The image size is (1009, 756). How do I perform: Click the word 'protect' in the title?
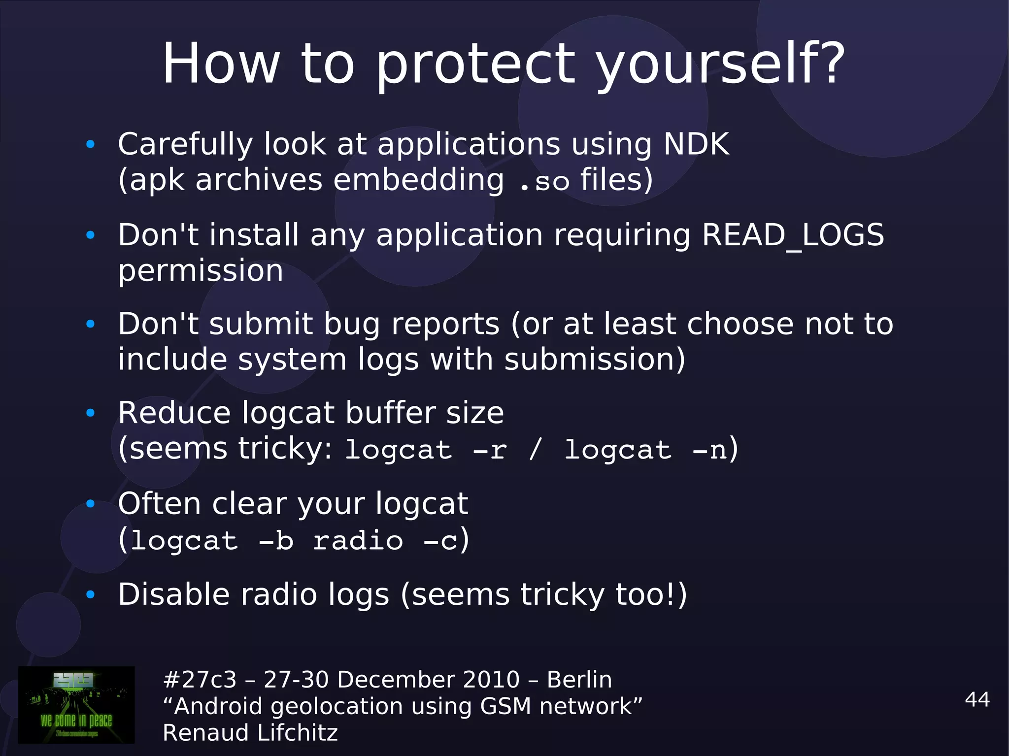coord(475,64)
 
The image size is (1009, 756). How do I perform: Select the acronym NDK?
coord(696,144)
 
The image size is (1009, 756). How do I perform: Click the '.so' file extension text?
coord(544,181)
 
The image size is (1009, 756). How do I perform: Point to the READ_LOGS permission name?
coord(793,234)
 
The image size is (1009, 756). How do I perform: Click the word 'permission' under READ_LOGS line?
coord(201,271)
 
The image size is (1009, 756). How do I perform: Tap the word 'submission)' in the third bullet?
coord(595,360)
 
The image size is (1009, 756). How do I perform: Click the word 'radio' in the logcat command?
coord(358,541)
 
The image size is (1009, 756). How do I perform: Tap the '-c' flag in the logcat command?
coord(440,541)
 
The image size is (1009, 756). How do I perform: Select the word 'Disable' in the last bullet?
coord(173,594)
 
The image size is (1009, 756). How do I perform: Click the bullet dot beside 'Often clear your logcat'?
coord(90,504)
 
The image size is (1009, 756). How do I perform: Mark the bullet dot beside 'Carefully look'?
coord(90,144)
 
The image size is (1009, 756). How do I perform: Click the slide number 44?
coord(977,699)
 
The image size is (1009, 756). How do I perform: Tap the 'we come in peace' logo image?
coord(76,704)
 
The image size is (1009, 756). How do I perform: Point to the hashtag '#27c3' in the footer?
coord(200,680)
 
